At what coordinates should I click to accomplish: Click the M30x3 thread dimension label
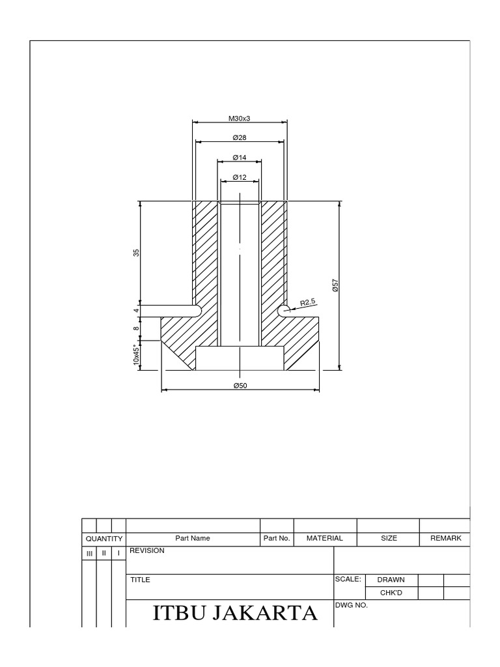tap(240, 119)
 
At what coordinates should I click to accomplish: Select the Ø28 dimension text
tap(240, 138)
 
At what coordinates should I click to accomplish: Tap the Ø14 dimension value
tap(240, 158)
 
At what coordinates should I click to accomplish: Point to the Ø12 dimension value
tap(240, 177)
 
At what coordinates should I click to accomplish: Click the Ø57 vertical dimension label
tap(335, 285)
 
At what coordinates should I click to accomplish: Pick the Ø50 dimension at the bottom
tap(240, 386)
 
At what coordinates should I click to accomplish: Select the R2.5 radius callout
tap(308, 302)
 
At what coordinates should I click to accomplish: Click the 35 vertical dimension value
tap(137, 253)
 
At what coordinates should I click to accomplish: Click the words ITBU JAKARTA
tap(235, 614)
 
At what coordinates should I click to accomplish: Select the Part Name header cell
tap(193, 539)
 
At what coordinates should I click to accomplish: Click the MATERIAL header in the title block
tap(325, 539)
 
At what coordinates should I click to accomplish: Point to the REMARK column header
tap(446, 539)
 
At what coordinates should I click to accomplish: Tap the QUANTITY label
tap(104, 539)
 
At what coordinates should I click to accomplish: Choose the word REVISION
tap(147, 550)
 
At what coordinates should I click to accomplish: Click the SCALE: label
tap(348, 578)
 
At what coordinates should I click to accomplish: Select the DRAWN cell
tap(391, 580)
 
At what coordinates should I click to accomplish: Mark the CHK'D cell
tap(391, 593)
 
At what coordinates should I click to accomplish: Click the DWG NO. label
tap(352, 605)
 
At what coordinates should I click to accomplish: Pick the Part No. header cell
tap(277, 539)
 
